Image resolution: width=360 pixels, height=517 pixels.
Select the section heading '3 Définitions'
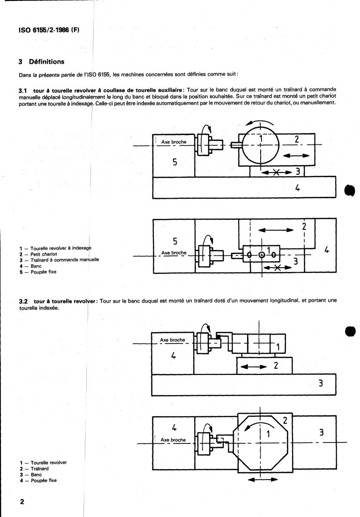click(x=42, y=62)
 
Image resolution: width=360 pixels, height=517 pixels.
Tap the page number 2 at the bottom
click(x=22, y=502)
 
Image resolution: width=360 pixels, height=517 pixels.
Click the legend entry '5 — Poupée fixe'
click(x=38, y=272)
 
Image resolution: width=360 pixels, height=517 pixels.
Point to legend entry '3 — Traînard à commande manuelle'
click(x=59, y=260)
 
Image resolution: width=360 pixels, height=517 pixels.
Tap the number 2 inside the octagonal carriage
click(x=285, y=420)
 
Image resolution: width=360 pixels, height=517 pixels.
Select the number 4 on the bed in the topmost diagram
click(x=297, y=188)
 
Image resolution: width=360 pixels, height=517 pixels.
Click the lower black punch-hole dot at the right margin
click(x=352, y=331)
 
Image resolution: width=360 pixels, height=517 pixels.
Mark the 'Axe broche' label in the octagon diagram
click(x=172, y=440)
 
